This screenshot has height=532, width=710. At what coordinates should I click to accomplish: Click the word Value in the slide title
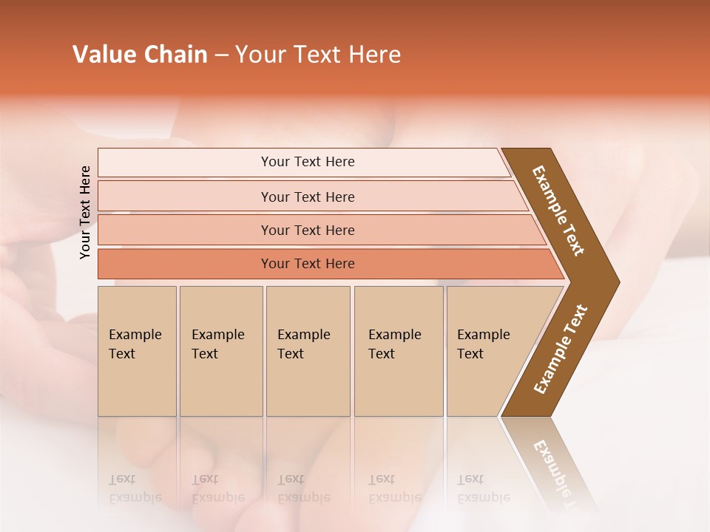(x=103, y=55)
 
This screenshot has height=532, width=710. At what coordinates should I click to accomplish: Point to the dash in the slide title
(x=221, y=55)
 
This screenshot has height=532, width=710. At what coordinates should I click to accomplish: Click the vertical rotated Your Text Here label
(x=85, y=212)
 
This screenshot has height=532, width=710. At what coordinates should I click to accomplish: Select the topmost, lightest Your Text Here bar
(x=308, y=162)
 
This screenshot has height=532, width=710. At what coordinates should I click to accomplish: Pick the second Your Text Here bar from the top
(x=308, y=197)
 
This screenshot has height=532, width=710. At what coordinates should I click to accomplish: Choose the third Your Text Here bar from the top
(x=308, y=230)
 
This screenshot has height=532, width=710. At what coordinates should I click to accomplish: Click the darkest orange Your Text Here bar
(x=308, y=264)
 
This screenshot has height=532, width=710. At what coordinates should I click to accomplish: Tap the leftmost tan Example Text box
(x=137, y=351)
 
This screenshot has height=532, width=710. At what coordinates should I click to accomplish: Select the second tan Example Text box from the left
(x=221, y=351)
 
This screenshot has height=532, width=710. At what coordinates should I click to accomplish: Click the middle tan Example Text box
(x=308, y=351)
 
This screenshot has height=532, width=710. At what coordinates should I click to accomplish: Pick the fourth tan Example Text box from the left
(x=399, y=351)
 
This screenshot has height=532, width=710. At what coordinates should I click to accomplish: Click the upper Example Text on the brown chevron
(x=559, y=211)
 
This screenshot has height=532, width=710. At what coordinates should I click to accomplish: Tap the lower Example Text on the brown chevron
(x=561, y=349)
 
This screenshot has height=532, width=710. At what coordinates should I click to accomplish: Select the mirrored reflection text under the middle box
(x=303, y=488)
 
